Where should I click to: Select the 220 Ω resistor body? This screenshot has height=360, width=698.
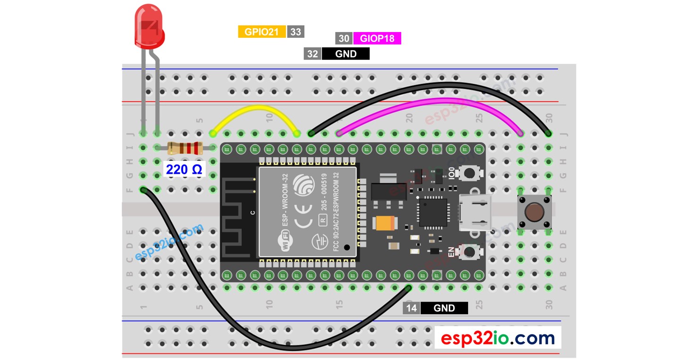(x=185, y=148)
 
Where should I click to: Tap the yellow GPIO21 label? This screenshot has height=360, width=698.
(x=262, y=32)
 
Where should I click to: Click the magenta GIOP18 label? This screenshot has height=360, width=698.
(x=377, y=38)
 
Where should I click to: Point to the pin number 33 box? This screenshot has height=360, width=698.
(x=295, y=32)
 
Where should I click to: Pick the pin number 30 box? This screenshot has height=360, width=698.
(x=344, y=38)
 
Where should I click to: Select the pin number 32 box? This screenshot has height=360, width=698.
(x=312, y=54)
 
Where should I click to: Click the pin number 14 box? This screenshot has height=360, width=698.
(x=412, y=308)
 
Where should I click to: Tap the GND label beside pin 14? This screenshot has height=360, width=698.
(x=444, y=308)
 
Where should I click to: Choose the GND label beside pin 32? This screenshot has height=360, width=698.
(x=345, y=54)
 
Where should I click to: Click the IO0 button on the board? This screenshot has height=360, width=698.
(x=470, y=174)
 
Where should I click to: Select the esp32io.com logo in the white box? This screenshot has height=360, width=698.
(x=497, y=338)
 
